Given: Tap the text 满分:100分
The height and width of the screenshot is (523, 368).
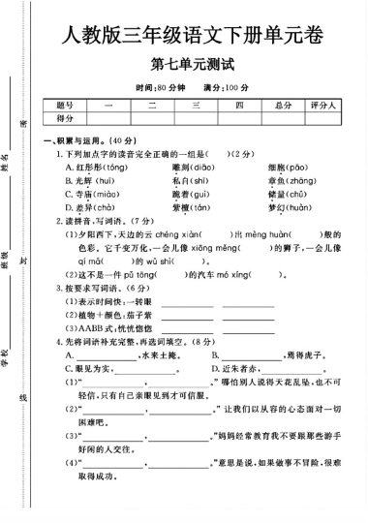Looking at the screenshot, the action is pyautogui.click(x=228, y=87).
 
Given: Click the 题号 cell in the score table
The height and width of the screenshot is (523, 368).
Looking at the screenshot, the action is pyautogui.click(x=65, y=105).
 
